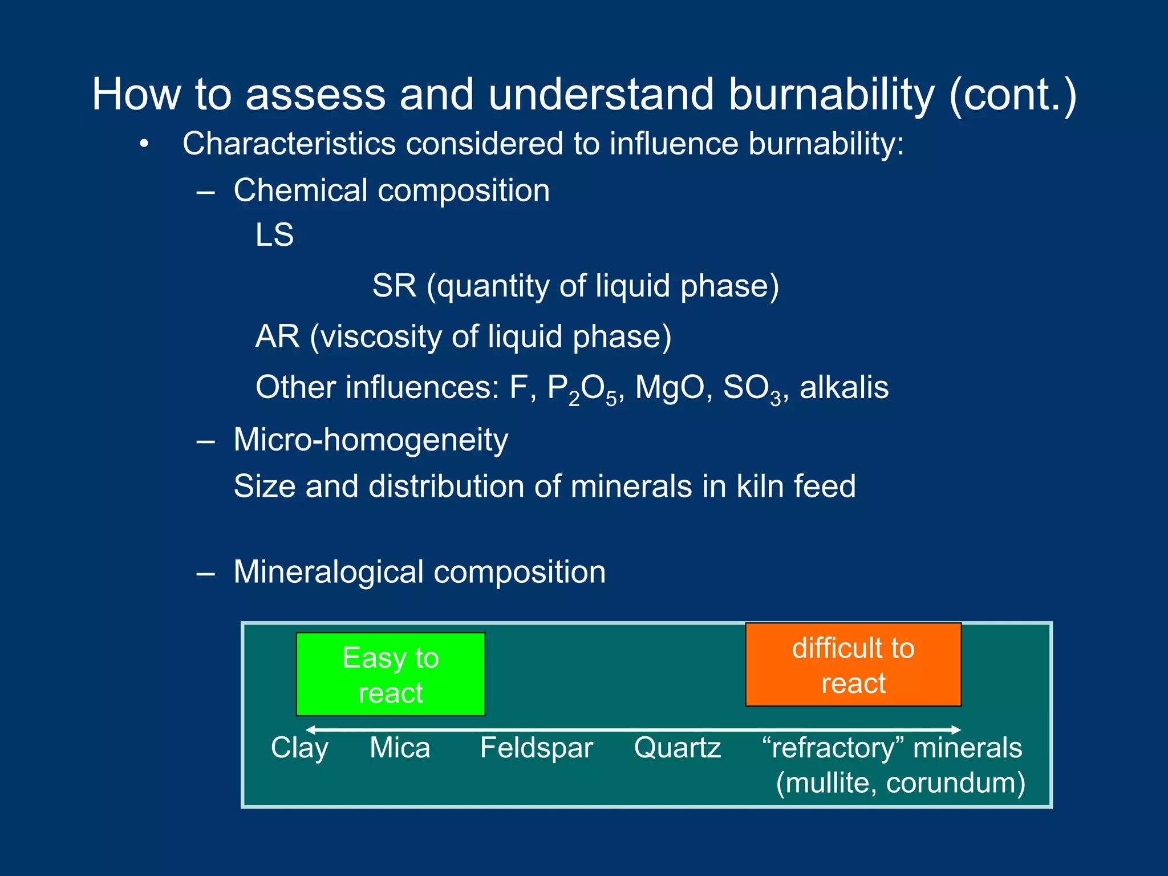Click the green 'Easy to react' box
(391, 674)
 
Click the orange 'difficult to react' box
(853, 664)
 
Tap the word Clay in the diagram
(299, 748)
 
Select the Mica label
(400, 748)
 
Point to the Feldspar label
(536, 748)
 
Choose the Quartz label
(678, 748)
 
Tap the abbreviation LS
(274, 235)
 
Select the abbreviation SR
(394, 286)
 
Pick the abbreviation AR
(277, 336)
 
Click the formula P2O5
(581, 389)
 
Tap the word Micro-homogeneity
(371, 440)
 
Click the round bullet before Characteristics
(144, 144)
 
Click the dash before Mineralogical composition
(205, 573)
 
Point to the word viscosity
(380, 336)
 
